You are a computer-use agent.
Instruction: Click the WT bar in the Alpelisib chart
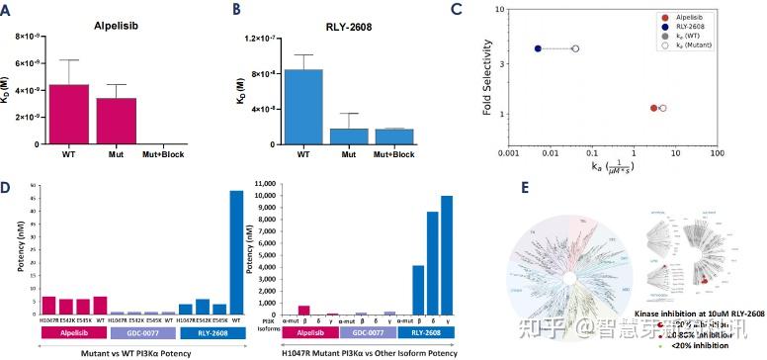click(x=62, y=115)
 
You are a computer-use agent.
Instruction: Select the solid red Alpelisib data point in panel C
click(x=653, y=108)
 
